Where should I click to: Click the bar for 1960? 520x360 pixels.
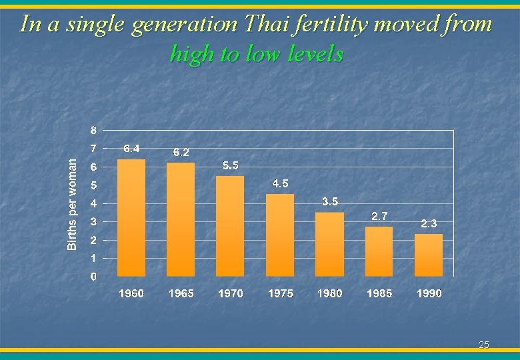coord(131,217)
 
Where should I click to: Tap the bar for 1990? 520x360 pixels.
coord(429,255)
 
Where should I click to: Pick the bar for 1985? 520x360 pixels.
coord(379,251)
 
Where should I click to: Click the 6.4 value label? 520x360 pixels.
coord(131,148)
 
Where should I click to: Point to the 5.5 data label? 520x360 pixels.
coord(231,165)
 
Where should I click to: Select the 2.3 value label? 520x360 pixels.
coord(429,224)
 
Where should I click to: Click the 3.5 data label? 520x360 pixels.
coord(330,201)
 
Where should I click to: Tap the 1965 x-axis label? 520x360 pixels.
coord(181,293)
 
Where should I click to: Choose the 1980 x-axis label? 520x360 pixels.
coord(330,293)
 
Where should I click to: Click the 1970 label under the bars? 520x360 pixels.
coord(231,293)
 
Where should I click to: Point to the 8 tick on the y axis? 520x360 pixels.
coord(93,129)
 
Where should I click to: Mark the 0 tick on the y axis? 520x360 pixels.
coord(93,276)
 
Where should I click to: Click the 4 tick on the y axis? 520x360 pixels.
coord(93,203)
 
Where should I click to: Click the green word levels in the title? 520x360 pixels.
coord(312,53)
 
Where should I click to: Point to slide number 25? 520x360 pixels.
coord(484,345)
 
